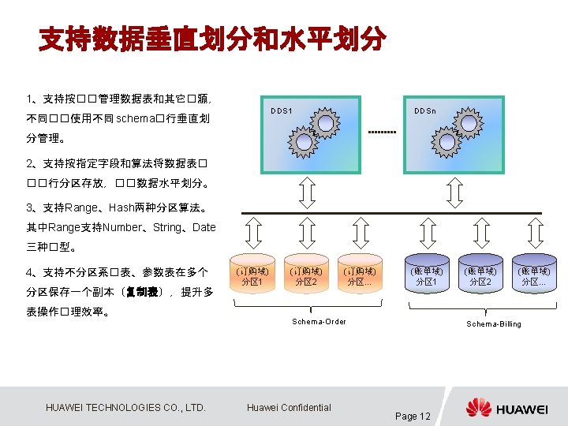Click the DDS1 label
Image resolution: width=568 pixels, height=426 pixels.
281,110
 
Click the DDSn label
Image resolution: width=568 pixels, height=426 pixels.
426,110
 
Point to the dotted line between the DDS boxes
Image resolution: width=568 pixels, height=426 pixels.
383,132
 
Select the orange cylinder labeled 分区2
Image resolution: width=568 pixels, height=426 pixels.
305,276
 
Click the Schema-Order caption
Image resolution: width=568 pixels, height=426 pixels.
319,321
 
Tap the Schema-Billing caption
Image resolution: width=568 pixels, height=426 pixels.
494,323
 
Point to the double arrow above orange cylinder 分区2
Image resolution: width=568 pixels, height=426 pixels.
306,234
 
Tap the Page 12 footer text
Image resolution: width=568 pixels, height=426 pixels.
413,416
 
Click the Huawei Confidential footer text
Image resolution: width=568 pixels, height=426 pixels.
289,407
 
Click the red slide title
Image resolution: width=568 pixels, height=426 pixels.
213,39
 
